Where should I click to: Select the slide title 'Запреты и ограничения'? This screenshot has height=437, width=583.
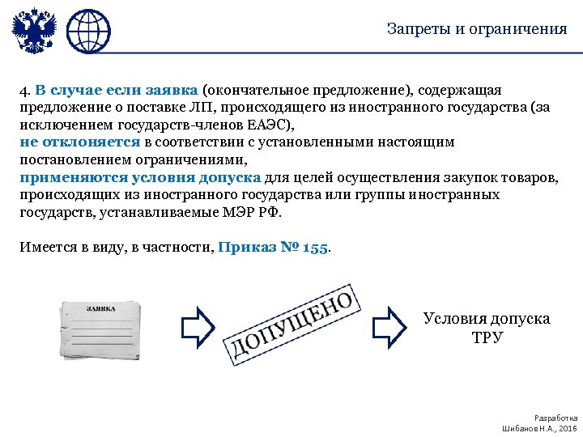[477, 29]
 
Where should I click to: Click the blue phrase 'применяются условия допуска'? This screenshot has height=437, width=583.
[139, 178]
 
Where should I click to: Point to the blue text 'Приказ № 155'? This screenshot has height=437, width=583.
[274, 248]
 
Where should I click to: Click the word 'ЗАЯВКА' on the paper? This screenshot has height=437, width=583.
[101, 308]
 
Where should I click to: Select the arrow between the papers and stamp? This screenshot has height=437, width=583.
[198, 326]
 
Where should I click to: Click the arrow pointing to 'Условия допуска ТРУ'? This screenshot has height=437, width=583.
[388, 326]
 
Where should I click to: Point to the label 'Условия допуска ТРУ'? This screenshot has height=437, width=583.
[487, 328]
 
